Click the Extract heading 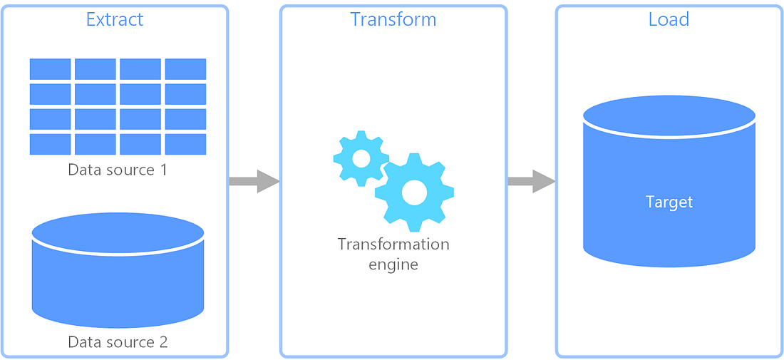[x=114, y=19]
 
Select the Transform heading [x=393, y=19]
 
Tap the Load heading [x=669, y=19]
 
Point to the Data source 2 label [x=118, y=342]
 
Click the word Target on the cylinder [x=669, y=202]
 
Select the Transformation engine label [x=393, y=254]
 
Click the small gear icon [x=361, y=158]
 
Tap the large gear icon [x=414, y=191]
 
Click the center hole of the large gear [x=414, y=191]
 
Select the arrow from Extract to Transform [x=253, y=181]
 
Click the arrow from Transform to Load [x=531, y=181]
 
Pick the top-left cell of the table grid [x=50, y=69]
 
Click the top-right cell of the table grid [x=185, y=69]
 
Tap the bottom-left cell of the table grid [x=50, y=144]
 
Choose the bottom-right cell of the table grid [x=185, y=144]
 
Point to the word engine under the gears [x=393, y=264]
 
